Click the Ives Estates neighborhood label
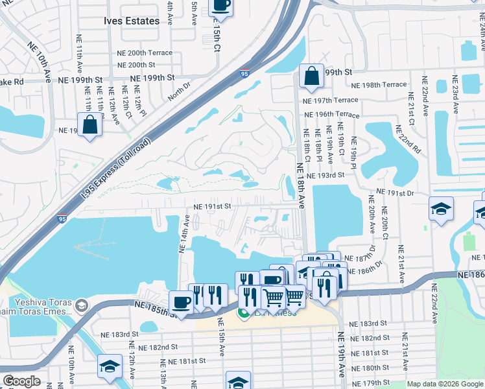click(x=131, y=21)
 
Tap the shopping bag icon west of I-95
click(x=90, y=124)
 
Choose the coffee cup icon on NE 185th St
click(x=181, y=303)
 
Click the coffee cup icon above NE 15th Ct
click(x=220, y=5)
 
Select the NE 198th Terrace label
click(x=379, y=85)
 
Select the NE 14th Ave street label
click(x=185, y=234)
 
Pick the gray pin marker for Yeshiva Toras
click(x=82, y=305)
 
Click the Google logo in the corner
click(x=22, y=381)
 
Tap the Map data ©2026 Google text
click(x=444, y=384)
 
